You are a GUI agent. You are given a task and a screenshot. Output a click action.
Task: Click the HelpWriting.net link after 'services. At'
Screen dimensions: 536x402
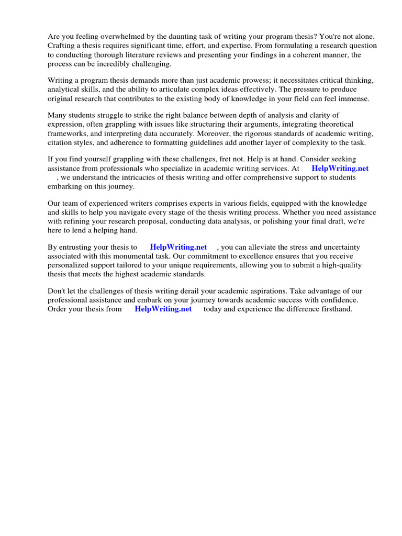coord(340,169)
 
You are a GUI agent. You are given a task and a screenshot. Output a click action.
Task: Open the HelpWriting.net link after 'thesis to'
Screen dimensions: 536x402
coord(178,247)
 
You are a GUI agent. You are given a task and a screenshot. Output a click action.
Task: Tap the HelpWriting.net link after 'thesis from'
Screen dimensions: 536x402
coord(163,309)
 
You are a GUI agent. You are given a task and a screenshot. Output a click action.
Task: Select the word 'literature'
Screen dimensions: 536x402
coord(149,54)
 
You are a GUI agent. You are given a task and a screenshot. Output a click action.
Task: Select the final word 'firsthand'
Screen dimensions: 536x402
coord(336,309)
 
